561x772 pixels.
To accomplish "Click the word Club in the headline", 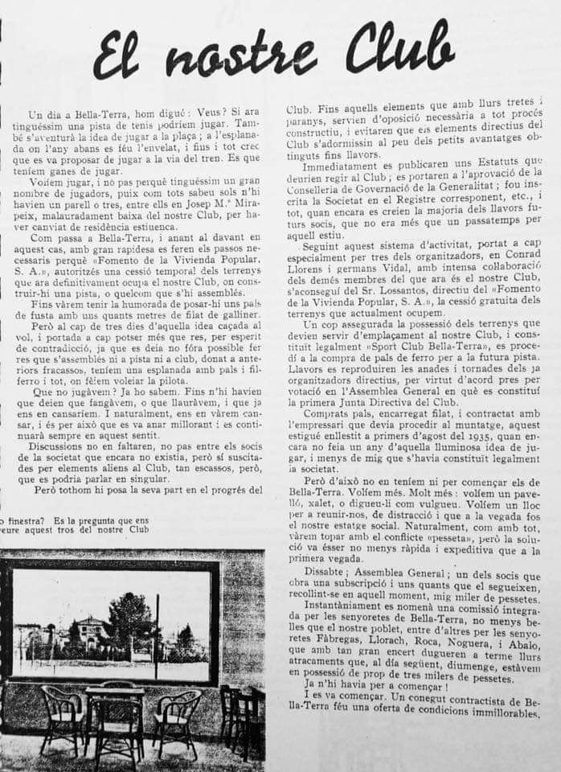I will point(399,50).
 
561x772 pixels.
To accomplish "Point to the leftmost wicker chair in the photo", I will point(63,716).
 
